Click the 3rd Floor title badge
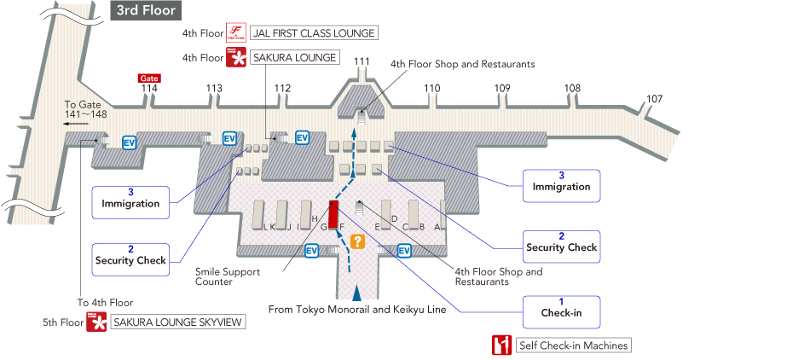pos(147,10)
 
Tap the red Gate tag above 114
pos(149,78)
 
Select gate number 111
pos(362,61)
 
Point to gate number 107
pos(654,99)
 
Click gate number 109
pos(502,88)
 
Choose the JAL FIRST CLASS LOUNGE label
pos(313,33)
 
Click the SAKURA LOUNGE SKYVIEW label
pos(178,322)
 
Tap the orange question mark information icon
pos(358,241)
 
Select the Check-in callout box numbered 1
pos(561,307)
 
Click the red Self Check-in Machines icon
pos(501,345)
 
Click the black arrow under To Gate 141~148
pos(77,123)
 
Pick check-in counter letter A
pos(437,227)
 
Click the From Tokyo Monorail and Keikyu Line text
pos(357,310)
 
